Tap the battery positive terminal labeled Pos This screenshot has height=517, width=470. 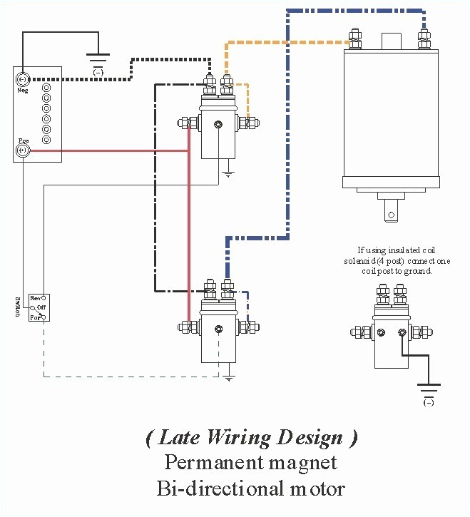pyautogui.click(x=23, y=150)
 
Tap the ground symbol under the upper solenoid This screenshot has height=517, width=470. pyautogui.click(x=228, y=173)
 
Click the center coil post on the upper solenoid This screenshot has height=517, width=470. pyautogui.click(x=219, y=126)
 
